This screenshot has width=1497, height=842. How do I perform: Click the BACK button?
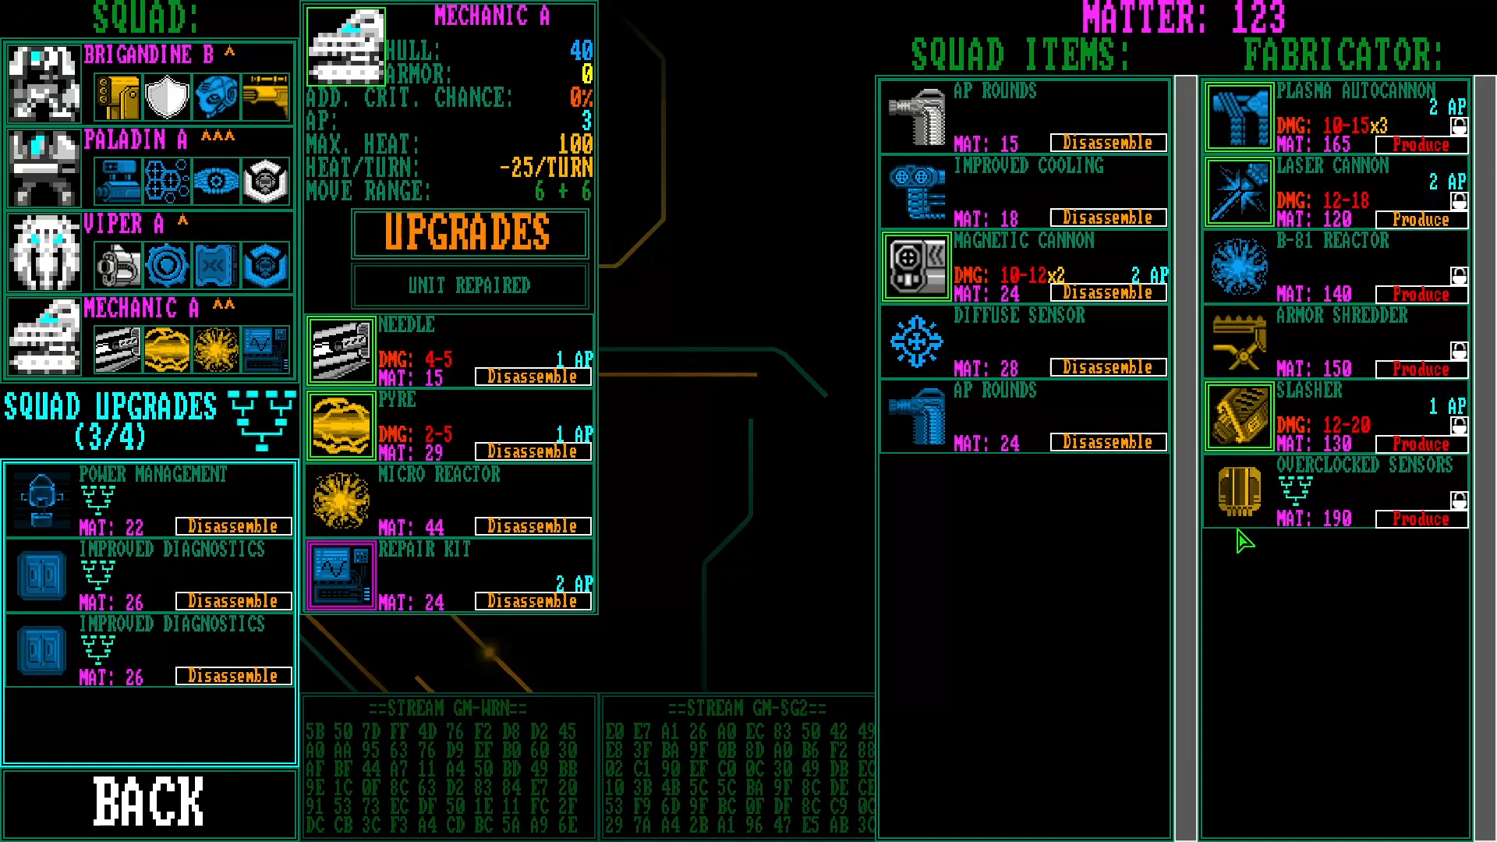(149, 802)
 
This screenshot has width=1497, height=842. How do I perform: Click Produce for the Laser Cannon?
(1421, 220)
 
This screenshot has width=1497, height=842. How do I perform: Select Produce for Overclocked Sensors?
(1421, 519)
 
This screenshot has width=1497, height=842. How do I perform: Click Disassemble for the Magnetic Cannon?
(1107, 292)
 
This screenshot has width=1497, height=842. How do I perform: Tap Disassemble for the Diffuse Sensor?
(1107, 367)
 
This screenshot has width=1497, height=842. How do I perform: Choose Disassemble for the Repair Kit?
(532, 601)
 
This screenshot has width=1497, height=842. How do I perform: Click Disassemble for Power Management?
(233, 526)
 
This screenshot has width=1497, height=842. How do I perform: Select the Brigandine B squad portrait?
(44, 83)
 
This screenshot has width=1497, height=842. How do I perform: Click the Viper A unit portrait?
(44, 252)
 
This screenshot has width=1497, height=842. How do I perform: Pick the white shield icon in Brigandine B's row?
(167, 97)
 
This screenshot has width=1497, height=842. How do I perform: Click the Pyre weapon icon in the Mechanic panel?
(341, 426)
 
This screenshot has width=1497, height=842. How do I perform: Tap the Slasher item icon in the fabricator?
(1239, 416)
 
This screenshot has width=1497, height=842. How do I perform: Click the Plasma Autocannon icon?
(1239, 117)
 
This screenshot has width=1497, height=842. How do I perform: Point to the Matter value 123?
(1258, 18)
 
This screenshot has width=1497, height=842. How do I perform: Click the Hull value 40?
(581, 51)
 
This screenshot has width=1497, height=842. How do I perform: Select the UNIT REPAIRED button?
(469, 285)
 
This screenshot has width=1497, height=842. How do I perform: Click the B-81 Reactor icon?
(1239, 267)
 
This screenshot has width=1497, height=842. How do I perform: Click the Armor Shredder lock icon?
(1459, 350)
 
